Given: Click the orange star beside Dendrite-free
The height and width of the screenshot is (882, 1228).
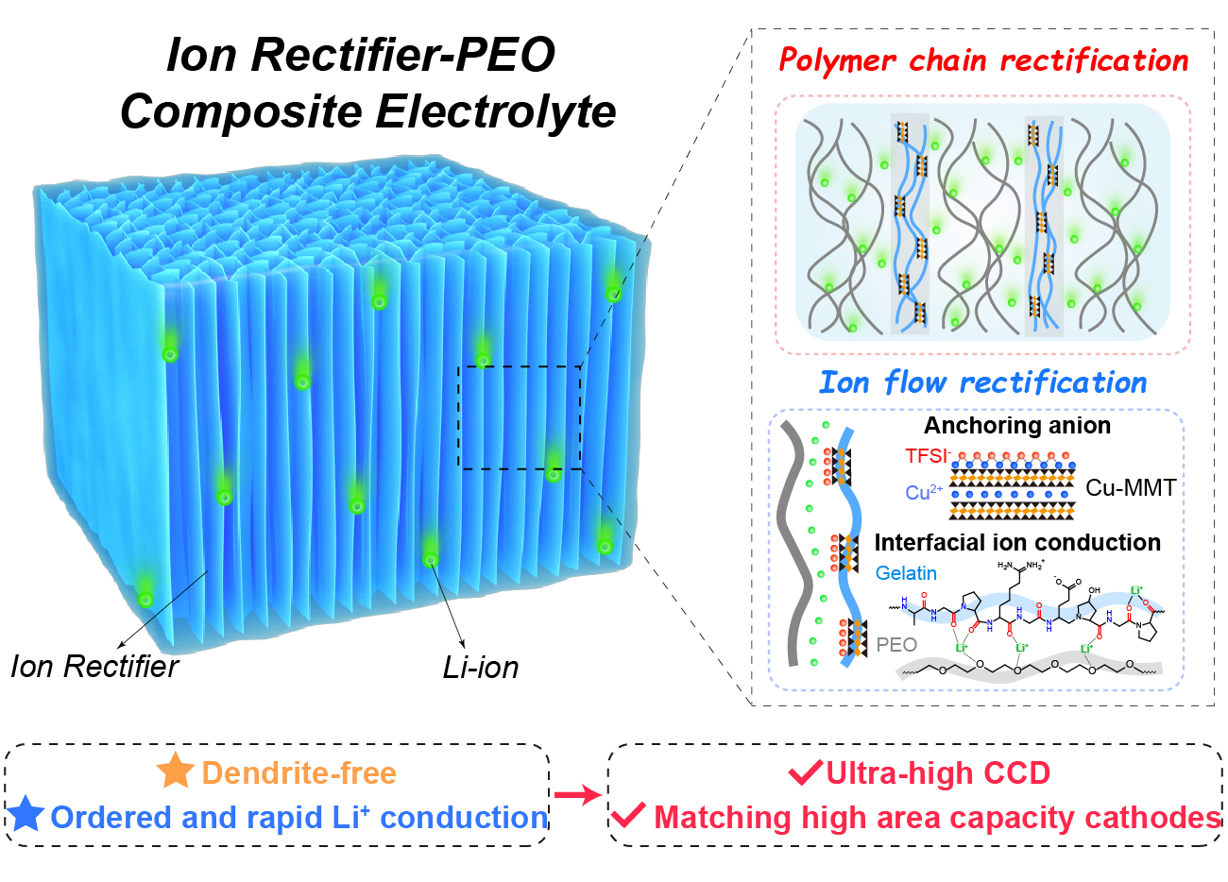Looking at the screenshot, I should (176, 772).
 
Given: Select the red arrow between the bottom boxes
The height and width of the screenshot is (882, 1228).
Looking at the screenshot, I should (577, 795).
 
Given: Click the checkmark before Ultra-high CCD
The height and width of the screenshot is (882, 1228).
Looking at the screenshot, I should (806, 773).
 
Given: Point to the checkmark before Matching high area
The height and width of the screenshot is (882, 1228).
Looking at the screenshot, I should (628, 815).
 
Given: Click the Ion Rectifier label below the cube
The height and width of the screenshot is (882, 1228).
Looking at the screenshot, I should (94, 667).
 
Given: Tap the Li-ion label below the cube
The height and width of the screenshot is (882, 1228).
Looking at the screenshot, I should (481, 668).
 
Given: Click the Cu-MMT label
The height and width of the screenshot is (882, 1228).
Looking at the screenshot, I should (1131, 488).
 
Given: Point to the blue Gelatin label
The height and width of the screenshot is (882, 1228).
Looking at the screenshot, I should (906, 573).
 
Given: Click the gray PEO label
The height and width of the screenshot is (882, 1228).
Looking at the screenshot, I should (896, 645).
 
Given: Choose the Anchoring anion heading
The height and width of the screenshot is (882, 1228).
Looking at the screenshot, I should (1016, 426).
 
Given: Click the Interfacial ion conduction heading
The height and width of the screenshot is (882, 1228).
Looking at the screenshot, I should (1017, 543).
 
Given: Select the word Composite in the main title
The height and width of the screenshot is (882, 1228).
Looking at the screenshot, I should (241, 111).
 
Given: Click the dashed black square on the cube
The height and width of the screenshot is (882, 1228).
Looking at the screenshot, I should (520, 417).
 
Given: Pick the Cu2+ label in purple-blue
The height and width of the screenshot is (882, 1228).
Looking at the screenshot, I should (924, 493).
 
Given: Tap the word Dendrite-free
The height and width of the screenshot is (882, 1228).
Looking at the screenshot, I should (298, 773).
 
